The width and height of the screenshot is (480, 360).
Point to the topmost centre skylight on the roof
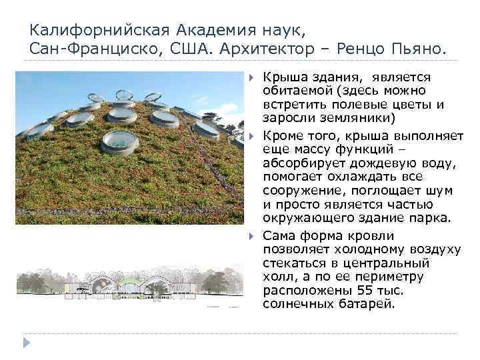(124, 93)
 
